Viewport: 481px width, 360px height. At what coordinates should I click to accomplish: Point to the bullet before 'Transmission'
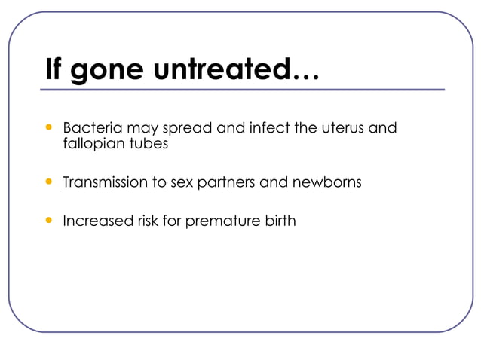[x=50, y=182]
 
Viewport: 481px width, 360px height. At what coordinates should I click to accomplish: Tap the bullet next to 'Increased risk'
[x=50, y=221]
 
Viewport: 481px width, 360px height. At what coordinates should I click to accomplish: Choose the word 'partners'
[x=225, y=184]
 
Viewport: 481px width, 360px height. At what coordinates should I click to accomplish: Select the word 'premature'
[x=225, y=222]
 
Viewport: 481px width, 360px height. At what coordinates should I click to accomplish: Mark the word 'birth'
[x=280, y=221]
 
